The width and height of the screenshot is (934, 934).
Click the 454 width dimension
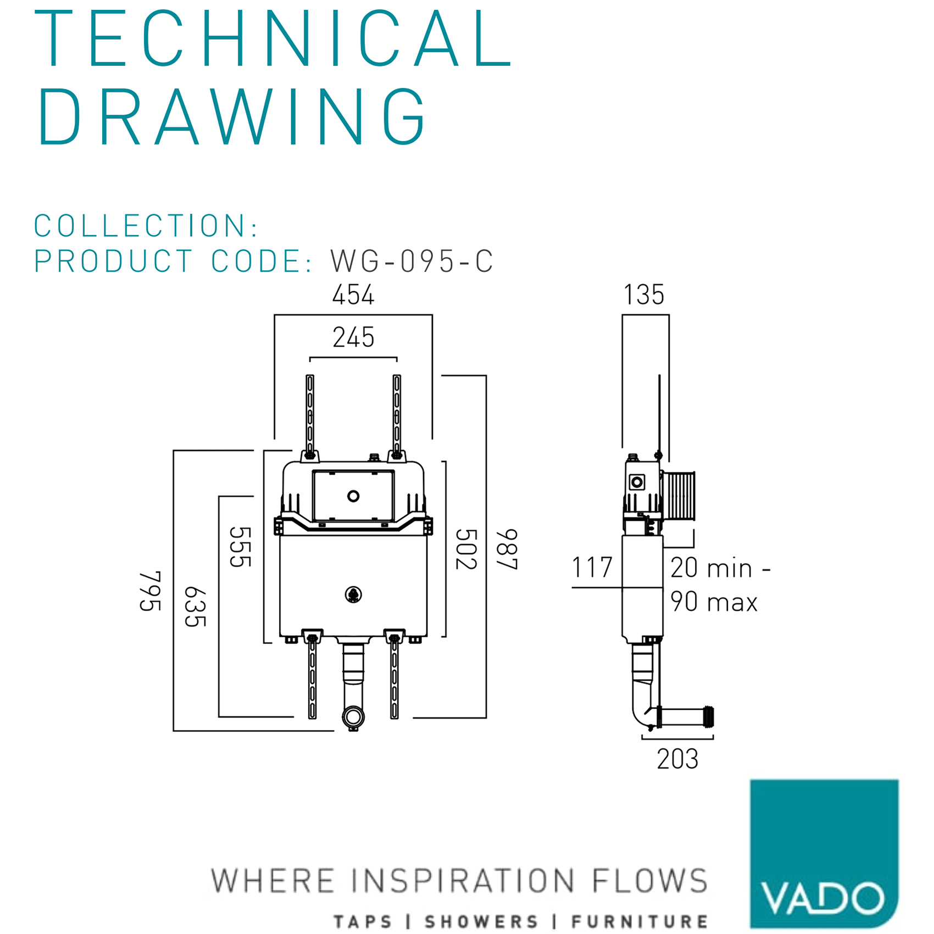[x=353, y=295]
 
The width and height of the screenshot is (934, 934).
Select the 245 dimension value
[x=353, y=337]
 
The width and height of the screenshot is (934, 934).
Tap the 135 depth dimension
[x=644, y=295]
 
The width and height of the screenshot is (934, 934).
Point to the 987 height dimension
[x=507, y=549]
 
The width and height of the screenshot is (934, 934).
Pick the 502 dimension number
[x=466, y=549]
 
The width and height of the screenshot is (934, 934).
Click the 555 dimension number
[x=240, y=547]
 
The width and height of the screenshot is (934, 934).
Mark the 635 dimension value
[x=195, y=607]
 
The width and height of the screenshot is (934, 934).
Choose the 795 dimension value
[x=150, y=591]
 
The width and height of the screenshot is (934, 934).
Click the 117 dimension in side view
[x=592, y=568]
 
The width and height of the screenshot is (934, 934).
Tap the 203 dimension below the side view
[x=677, y=759]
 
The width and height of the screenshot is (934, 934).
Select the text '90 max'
[x=714, y=602]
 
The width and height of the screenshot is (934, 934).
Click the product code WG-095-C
[x=412, y=261]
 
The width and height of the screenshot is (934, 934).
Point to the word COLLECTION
[x=140, y=226]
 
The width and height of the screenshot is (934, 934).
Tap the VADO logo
[x=824, y=854]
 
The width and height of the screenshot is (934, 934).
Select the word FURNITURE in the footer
[x=640, y=921]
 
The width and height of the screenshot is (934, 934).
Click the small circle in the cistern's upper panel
[x=353, y=497]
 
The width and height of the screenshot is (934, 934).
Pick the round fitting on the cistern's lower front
[x=353, y=594]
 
